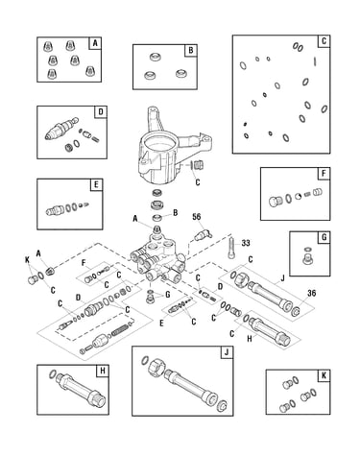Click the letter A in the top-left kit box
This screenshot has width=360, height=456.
tap(95, 43)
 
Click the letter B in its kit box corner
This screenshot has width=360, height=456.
tap(191, 51)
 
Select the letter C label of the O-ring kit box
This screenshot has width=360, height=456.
tap(324, 41)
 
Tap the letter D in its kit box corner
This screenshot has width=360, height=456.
tap(101, 112)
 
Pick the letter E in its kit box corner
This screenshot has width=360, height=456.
tap(96, 184)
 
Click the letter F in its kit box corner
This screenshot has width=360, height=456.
tap(324, 174)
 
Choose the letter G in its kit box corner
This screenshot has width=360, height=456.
tap(324, 237)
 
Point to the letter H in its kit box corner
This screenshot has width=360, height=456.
tap(103, 371)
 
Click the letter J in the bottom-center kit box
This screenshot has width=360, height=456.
tap(227, 352)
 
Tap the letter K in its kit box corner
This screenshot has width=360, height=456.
tap(324, 375)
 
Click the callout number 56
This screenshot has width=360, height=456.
tap(197, 217)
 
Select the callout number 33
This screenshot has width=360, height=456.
tap(246, 243)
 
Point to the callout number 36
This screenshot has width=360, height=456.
tap(311, 293)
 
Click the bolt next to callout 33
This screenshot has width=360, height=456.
tap(230, 247)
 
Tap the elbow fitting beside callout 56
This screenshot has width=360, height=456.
tap(203, 236)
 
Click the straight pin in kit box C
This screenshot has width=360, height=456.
tap(315, 61)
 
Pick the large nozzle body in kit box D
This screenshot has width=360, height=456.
tap(61, 129)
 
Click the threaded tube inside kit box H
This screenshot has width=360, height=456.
tap(81, 389)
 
